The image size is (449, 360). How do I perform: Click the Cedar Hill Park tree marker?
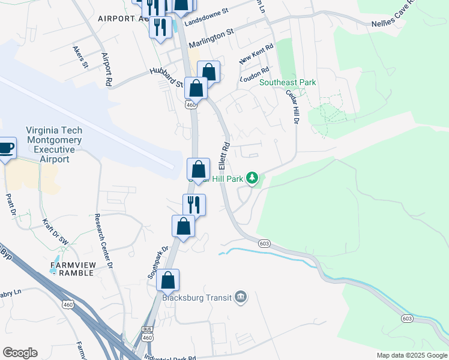click(253, 178)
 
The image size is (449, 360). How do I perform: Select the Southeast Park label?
click(288, 82)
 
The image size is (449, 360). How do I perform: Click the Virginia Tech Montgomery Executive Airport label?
click(54, 145)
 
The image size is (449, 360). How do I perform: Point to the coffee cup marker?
click(5, 148)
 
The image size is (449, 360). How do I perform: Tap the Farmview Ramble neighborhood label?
click(72, 268)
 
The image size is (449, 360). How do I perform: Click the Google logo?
click(20, 353)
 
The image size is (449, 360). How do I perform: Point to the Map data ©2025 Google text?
click(412, 355)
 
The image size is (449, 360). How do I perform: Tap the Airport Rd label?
click(107, 68)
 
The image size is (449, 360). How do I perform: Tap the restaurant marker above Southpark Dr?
click(194, 205)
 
